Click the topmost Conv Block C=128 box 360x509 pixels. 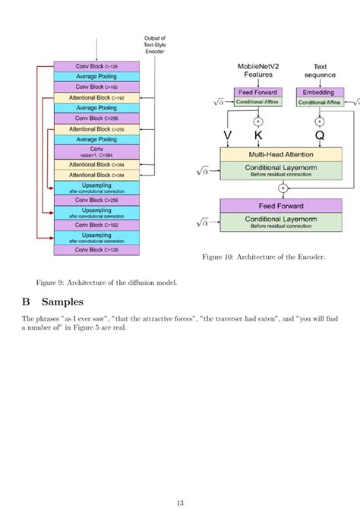(x=96, y=66)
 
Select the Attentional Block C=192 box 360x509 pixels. (x=96, y=98)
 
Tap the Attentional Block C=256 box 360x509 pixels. (x=96, y=130)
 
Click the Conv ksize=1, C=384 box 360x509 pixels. (x=96, y=152)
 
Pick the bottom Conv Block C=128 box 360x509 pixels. (x=96, y=248)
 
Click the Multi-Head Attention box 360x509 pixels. (x=271, y=154)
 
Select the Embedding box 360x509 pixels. (x=319, y=92)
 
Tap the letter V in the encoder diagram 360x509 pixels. (x=227, y=135)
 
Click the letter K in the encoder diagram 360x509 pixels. (x=257, y=135)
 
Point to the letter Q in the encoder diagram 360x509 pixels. (x=319, y=135)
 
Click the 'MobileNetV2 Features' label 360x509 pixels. (x=257, y=71)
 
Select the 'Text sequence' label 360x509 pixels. (x=320, y=71)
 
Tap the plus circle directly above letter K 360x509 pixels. (x=257, y=121)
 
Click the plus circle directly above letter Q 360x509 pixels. (x=319, y=121)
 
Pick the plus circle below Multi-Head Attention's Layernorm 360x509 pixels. (x=283, y=188)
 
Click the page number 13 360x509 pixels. (x=180, y=502)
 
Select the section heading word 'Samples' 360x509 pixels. (x=62, y=302)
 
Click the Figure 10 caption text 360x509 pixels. (x=264, y=257)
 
